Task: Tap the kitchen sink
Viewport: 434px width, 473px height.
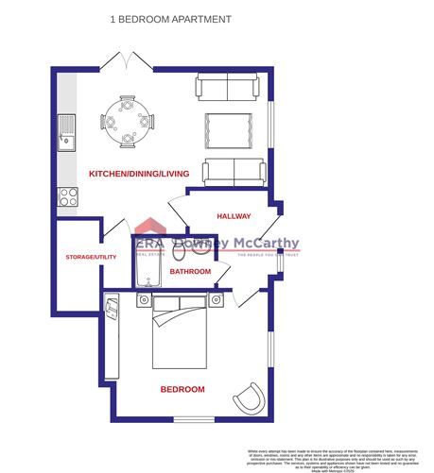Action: (67, 133)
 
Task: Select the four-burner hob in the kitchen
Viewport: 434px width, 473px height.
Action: (68, 196)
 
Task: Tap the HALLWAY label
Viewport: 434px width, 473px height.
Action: (233, 216)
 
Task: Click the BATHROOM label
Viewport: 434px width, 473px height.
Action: (190, 272)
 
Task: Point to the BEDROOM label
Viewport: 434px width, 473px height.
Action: (182, 389)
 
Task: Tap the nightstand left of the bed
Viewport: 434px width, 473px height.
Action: (143, 299)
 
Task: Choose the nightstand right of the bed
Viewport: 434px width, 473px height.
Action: (217, 299)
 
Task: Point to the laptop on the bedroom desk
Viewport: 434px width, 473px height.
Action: (113, 307)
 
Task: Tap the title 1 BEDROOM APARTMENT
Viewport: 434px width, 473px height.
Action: (170, 18)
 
